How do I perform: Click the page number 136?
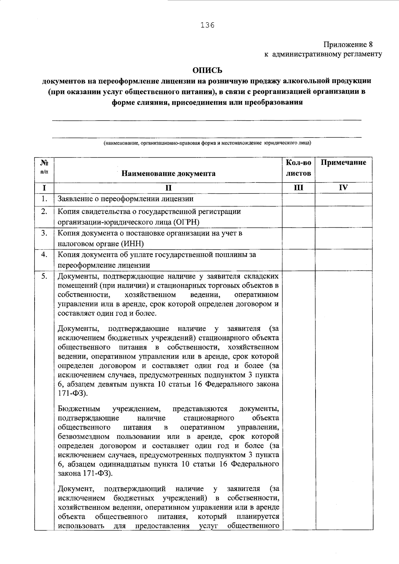(207, 25)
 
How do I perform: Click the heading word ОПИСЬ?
(207, 70)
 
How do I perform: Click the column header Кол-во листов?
(298, 168)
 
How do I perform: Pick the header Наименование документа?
(168, 173)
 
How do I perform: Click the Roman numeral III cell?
(298, 188)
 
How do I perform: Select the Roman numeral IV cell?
(343, 188)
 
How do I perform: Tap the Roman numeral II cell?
(168, 188)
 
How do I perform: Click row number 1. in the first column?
(44, 199)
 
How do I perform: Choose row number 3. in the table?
(44, 233)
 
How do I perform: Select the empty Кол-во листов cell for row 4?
(298, 260)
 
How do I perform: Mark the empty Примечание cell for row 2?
(343, 217)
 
